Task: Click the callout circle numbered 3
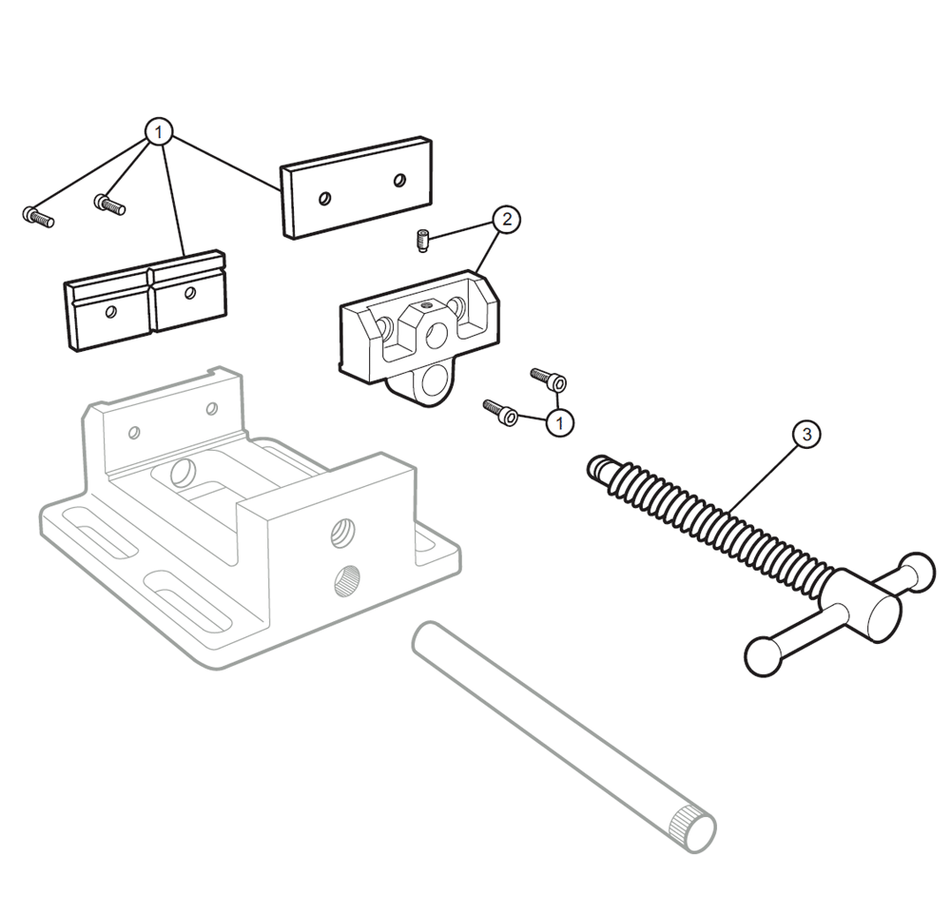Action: point(806,435)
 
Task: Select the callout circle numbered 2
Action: point(507,219)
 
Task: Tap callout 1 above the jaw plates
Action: point(158,131)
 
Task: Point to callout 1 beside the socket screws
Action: point(559,421)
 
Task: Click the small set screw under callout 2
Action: point(423,241)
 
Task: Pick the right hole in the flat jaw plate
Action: point(399,180)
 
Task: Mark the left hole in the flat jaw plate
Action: point(325,198)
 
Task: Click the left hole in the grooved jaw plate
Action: point(110,312)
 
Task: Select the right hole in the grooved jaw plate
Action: point(190,293)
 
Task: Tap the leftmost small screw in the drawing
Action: point(38,216)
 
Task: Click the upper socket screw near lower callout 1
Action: point(549,379)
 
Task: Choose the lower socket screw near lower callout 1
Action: point(500,412)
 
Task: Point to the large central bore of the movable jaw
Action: point(436,336)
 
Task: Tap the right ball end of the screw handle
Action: point(919,572)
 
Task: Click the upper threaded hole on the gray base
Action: point(342,534)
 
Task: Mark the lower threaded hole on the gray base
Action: point(346,579)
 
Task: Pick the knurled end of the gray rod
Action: point(692,829)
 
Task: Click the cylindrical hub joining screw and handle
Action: point(861,605)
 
